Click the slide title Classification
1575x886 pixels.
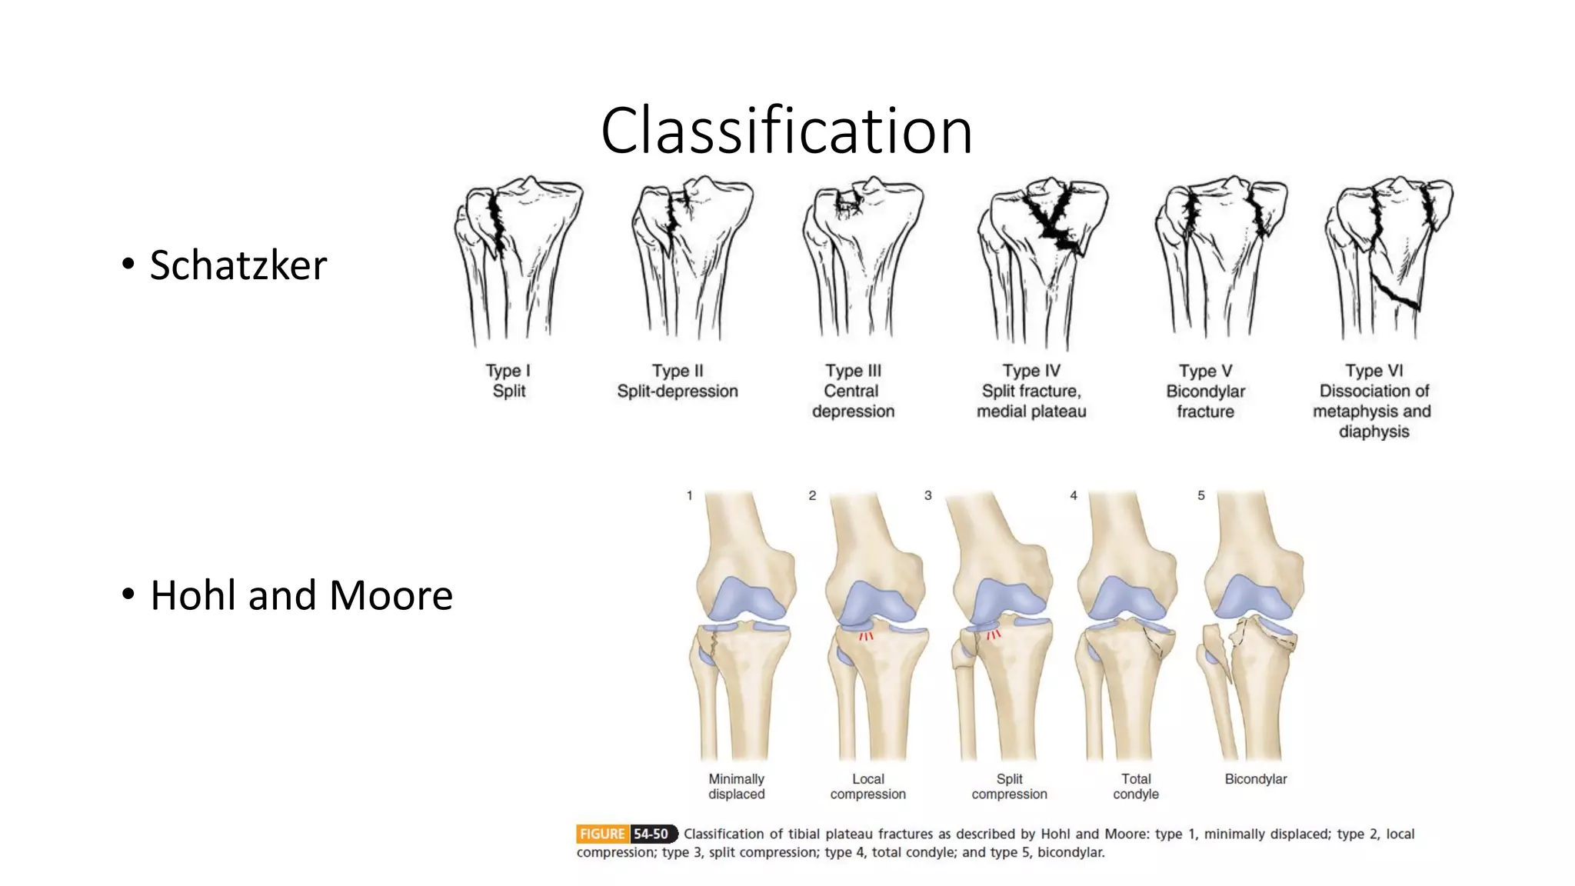(786, 131)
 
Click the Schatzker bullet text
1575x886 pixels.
(238, 265)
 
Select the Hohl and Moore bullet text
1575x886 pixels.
(301, 595)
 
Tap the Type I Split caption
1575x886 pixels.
(508, 381)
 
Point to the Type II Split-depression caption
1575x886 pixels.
(677, 381)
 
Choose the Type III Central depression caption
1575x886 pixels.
(853, 391)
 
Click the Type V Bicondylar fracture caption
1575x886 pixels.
(1205, 391)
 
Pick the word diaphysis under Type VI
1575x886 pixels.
(1374, 431)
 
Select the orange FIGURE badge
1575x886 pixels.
(602, 834)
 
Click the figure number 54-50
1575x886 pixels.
(651, 834)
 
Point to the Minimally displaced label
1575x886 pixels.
(736, 786)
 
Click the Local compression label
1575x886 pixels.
(867, 786)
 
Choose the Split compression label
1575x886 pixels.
(1009, 786)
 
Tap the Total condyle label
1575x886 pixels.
(1136, 786)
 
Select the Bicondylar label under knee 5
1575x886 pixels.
(1255, 779)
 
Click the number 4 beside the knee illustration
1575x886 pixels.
(1074, 496)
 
